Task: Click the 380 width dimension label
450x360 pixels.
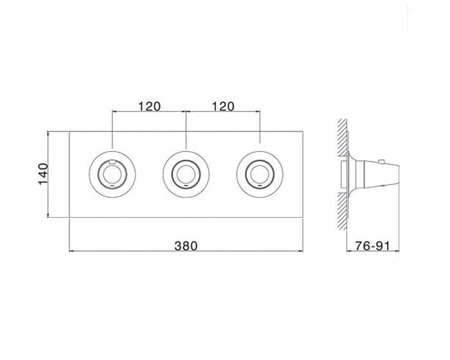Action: click(186, 246)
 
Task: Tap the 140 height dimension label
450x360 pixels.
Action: click(43, 174)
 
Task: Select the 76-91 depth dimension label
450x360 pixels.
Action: click(373, 246)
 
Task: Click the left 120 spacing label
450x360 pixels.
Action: click(149, 107)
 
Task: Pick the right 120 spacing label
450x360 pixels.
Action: click(223, 107)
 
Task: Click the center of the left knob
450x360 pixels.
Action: click(113, 174)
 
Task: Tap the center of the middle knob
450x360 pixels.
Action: click(186, 174)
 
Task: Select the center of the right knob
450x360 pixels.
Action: click(260, 174)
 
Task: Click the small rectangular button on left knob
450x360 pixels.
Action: click(113, 161)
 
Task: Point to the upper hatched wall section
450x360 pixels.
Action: click(342, 138)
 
